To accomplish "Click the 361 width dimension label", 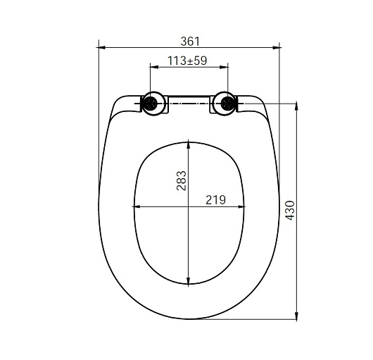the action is pyautogui.click(x=190, y=42).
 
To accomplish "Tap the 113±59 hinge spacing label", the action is pyautogui.click(x=187, y=61).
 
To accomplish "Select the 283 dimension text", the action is pyautogui.click(x=182, y=180).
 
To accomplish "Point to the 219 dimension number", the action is pyautogui.click(x=215, y=200).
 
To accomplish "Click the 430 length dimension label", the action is pyautogui.click(x=290, y=211).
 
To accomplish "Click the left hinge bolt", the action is pyautogui.click(x=151, y=104).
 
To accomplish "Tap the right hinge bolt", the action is pyautogui.click(x=227, y=104).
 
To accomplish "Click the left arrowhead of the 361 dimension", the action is pyautogui.click(x=102, y=48).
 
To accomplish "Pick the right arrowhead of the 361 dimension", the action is pyautogui.click(x=276, y=48).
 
